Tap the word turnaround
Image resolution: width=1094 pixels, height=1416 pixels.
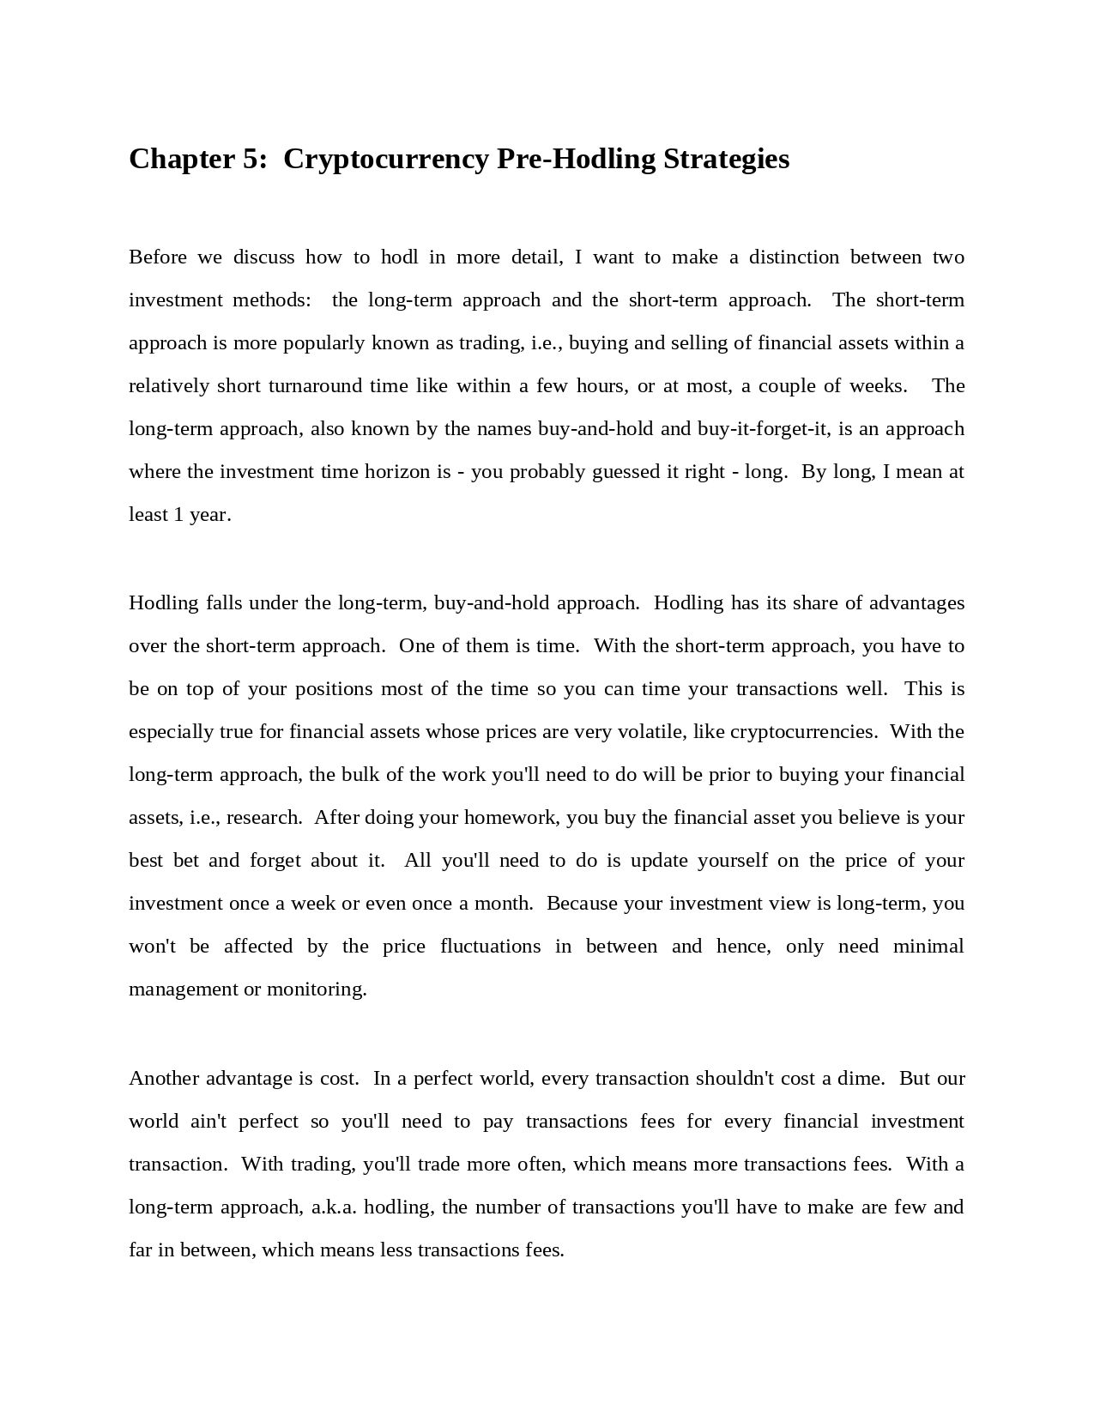pyautogui.click(x=315, y=386)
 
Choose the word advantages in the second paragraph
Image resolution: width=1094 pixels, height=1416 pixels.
pyautogui.click(x=916, y=603)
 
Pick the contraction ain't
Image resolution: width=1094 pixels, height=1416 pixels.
pyautogui.click(x=209, y=1122)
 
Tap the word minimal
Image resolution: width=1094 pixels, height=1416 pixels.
pyautogui.click(x=928, y=947)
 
